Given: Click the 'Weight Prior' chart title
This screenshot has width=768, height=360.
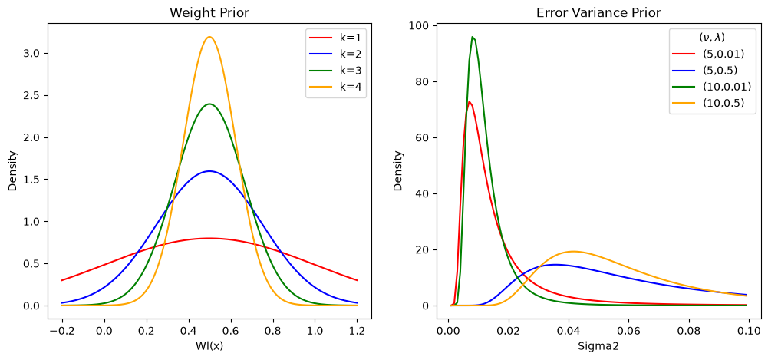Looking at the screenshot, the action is coord(209,13).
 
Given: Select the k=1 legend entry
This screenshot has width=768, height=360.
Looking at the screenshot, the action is coord(335,37).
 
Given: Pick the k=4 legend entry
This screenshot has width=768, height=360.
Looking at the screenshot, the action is coord(335,87).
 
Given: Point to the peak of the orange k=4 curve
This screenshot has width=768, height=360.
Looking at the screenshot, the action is coord(209,37).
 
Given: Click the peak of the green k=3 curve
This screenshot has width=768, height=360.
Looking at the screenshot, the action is coord(209,104).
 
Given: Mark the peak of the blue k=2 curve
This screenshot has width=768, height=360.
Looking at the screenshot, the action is coord(209,171).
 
